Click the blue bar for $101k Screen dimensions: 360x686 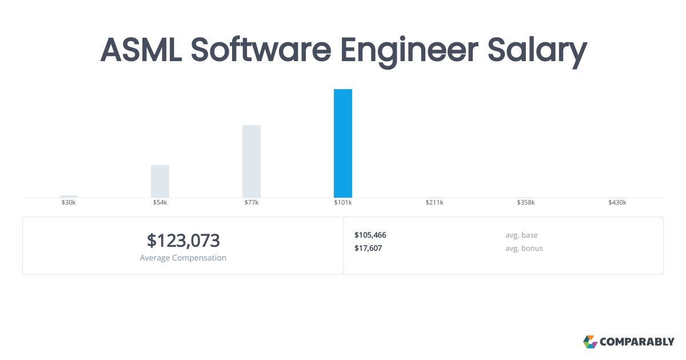click(x=343, y=143)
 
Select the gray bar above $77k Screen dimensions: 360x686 click(x=252, y=161)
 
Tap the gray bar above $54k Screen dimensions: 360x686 click(x=160, y=181)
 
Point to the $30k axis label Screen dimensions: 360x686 click(x=69, y=203)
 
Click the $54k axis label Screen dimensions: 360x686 click(x=160, y=203)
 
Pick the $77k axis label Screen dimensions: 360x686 click(x=252, y=203)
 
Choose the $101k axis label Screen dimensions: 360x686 click(x=343, y=203)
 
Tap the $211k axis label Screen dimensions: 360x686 click(x=434, y=203)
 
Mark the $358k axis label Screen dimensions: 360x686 click(x=526, y=203)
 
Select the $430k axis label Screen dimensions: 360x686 click(x=617, y=203)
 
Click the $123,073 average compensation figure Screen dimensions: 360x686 click(x=183, y=241)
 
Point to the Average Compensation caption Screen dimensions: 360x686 click(x=183, y=258)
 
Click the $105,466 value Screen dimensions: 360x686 click(x=370, y=235)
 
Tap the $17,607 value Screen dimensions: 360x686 click(x=368, y=248)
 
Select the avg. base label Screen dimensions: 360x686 click(x=521, y=235)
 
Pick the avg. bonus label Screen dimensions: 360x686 click(x=524, y=248)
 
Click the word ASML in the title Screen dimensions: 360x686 click(x=141, y=50)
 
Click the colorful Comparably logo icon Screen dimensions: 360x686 click(x=590, y=342)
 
